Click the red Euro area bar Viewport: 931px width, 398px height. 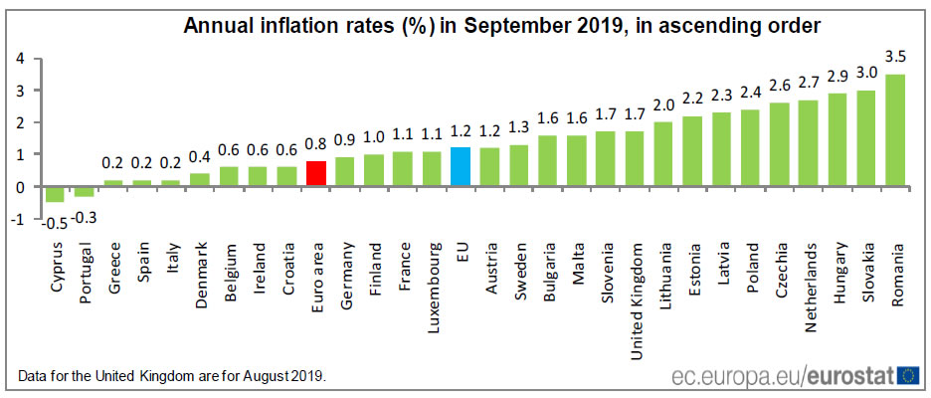(x=316, y=173)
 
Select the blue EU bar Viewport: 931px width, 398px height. (x=461, y=166)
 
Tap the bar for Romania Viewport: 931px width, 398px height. (x=894, y=129)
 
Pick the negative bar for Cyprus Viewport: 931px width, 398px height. (x=56, y=194)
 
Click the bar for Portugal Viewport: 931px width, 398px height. (x=85, y=191)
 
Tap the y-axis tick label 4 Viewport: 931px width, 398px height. (x=20, y=58)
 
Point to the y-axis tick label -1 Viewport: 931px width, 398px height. (x=17, y=219)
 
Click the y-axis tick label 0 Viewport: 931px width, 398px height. (x=20, y=187)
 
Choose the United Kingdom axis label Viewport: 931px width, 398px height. (x=635, y=290)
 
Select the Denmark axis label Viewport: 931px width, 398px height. (x=201, y=274)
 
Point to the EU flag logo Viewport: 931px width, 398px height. (x=907, y=374)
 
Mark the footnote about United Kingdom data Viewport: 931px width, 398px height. (x=172, y=376)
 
